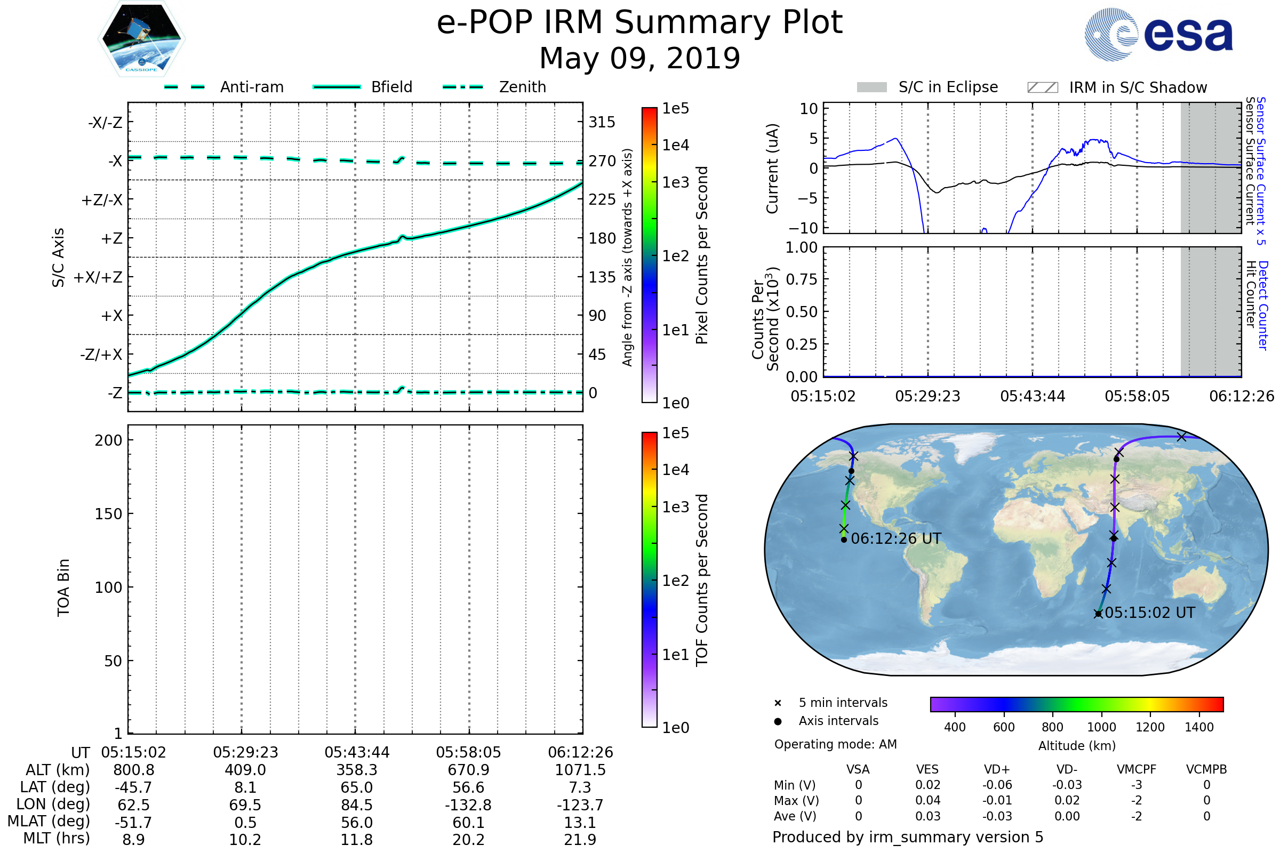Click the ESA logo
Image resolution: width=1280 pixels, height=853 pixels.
coord(1159,34)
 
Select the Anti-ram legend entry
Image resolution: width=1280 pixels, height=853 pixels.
coord(251,87)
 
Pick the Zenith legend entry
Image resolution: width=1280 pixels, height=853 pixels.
coord(522,87)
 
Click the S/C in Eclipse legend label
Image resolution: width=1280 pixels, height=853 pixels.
coord(948,87)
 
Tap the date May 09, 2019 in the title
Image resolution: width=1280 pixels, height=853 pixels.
coord(639,58)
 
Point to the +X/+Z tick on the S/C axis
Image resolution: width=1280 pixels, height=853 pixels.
coord(98,277)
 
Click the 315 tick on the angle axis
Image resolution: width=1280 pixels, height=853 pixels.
coord(602,122)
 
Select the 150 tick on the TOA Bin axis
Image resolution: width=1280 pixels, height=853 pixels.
coord(108,514)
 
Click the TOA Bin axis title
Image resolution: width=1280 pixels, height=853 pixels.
coord(63,588)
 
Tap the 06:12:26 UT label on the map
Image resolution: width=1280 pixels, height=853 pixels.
coord(896,538)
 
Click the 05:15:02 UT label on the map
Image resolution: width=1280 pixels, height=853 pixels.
coord(1149,613)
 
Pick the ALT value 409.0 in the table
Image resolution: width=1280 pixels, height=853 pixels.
coord(245,770)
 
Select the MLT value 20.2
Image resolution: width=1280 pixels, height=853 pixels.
coord(468,839)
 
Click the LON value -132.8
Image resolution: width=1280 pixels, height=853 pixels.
coord(468,804)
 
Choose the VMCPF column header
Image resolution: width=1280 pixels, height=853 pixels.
coord(1136,769)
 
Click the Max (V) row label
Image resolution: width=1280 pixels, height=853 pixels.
coord(796,800)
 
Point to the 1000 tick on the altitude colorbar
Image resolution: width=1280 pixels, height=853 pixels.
coord(1101,727)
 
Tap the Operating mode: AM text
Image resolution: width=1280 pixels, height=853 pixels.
coord(835,744)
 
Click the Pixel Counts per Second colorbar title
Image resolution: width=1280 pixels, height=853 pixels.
coord(702,255)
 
